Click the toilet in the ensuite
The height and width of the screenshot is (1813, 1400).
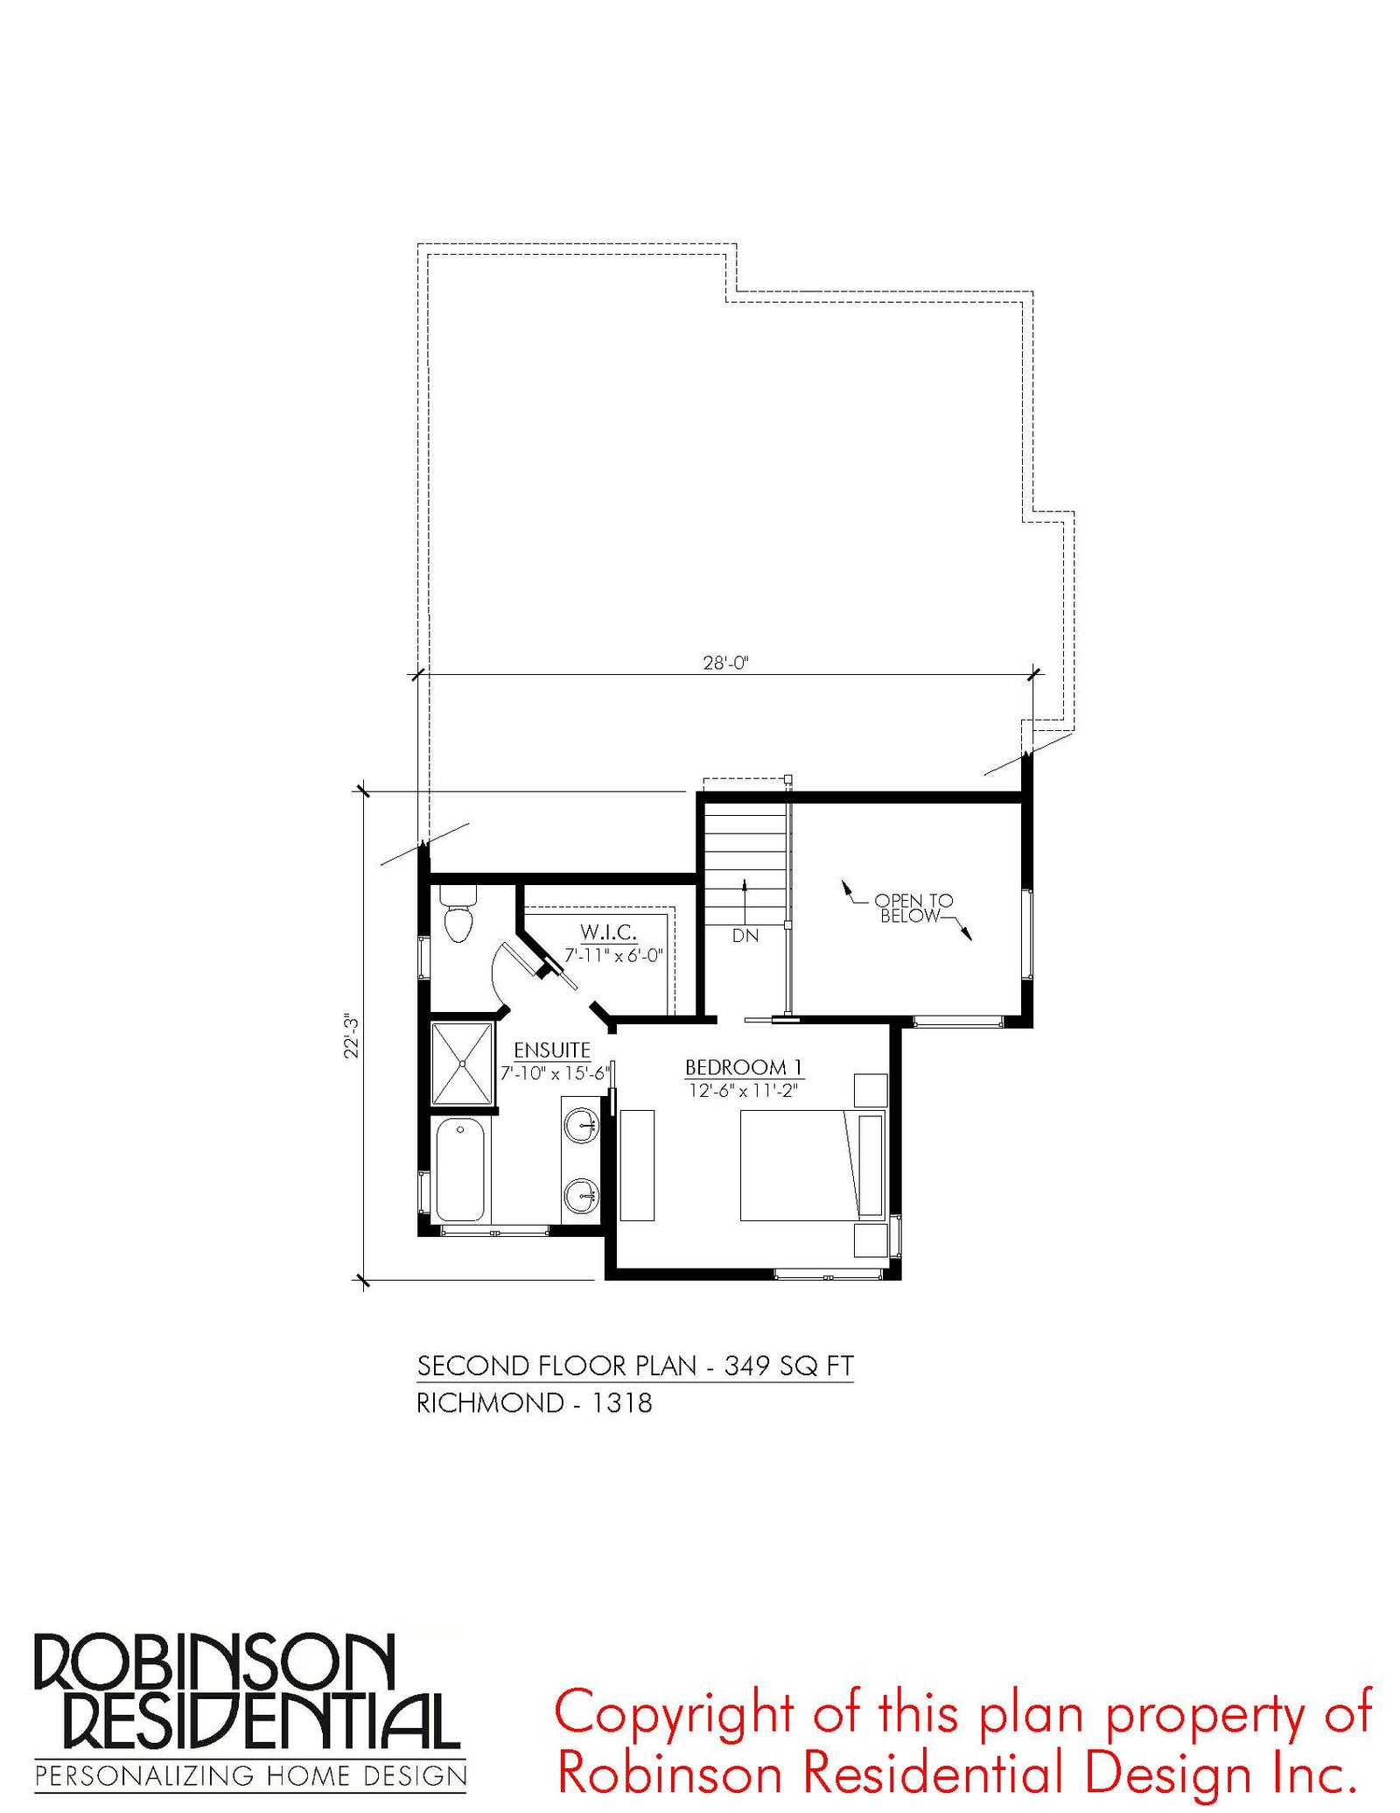458,912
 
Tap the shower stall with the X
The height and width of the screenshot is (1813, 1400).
462,1064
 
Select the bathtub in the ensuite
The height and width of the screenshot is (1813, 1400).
460,1169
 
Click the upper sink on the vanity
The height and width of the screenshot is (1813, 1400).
581,1125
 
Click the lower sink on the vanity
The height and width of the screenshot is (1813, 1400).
581,1195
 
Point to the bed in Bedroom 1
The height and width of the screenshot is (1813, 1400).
813,1165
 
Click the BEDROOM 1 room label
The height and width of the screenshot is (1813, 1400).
744,1067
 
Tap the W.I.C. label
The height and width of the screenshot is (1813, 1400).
608,931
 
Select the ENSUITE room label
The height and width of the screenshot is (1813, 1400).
552,1050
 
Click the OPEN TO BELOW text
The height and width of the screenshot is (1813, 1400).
913,908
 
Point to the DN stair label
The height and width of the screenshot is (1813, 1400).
745,936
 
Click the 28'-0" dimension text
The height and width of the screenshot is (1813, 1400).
726,663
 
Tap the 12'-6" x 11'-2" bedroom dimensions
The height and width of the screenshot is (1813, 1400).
743,1091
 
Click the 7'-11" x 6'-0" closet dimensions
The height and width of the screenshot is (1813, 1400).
614,956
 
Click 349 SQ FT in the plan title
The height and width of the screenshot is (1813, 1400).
788,1366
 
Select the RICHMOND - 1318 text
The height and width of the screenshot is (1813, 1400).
535,1403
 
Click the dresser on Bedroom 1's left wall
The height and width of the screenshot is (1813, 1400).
637,1165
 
